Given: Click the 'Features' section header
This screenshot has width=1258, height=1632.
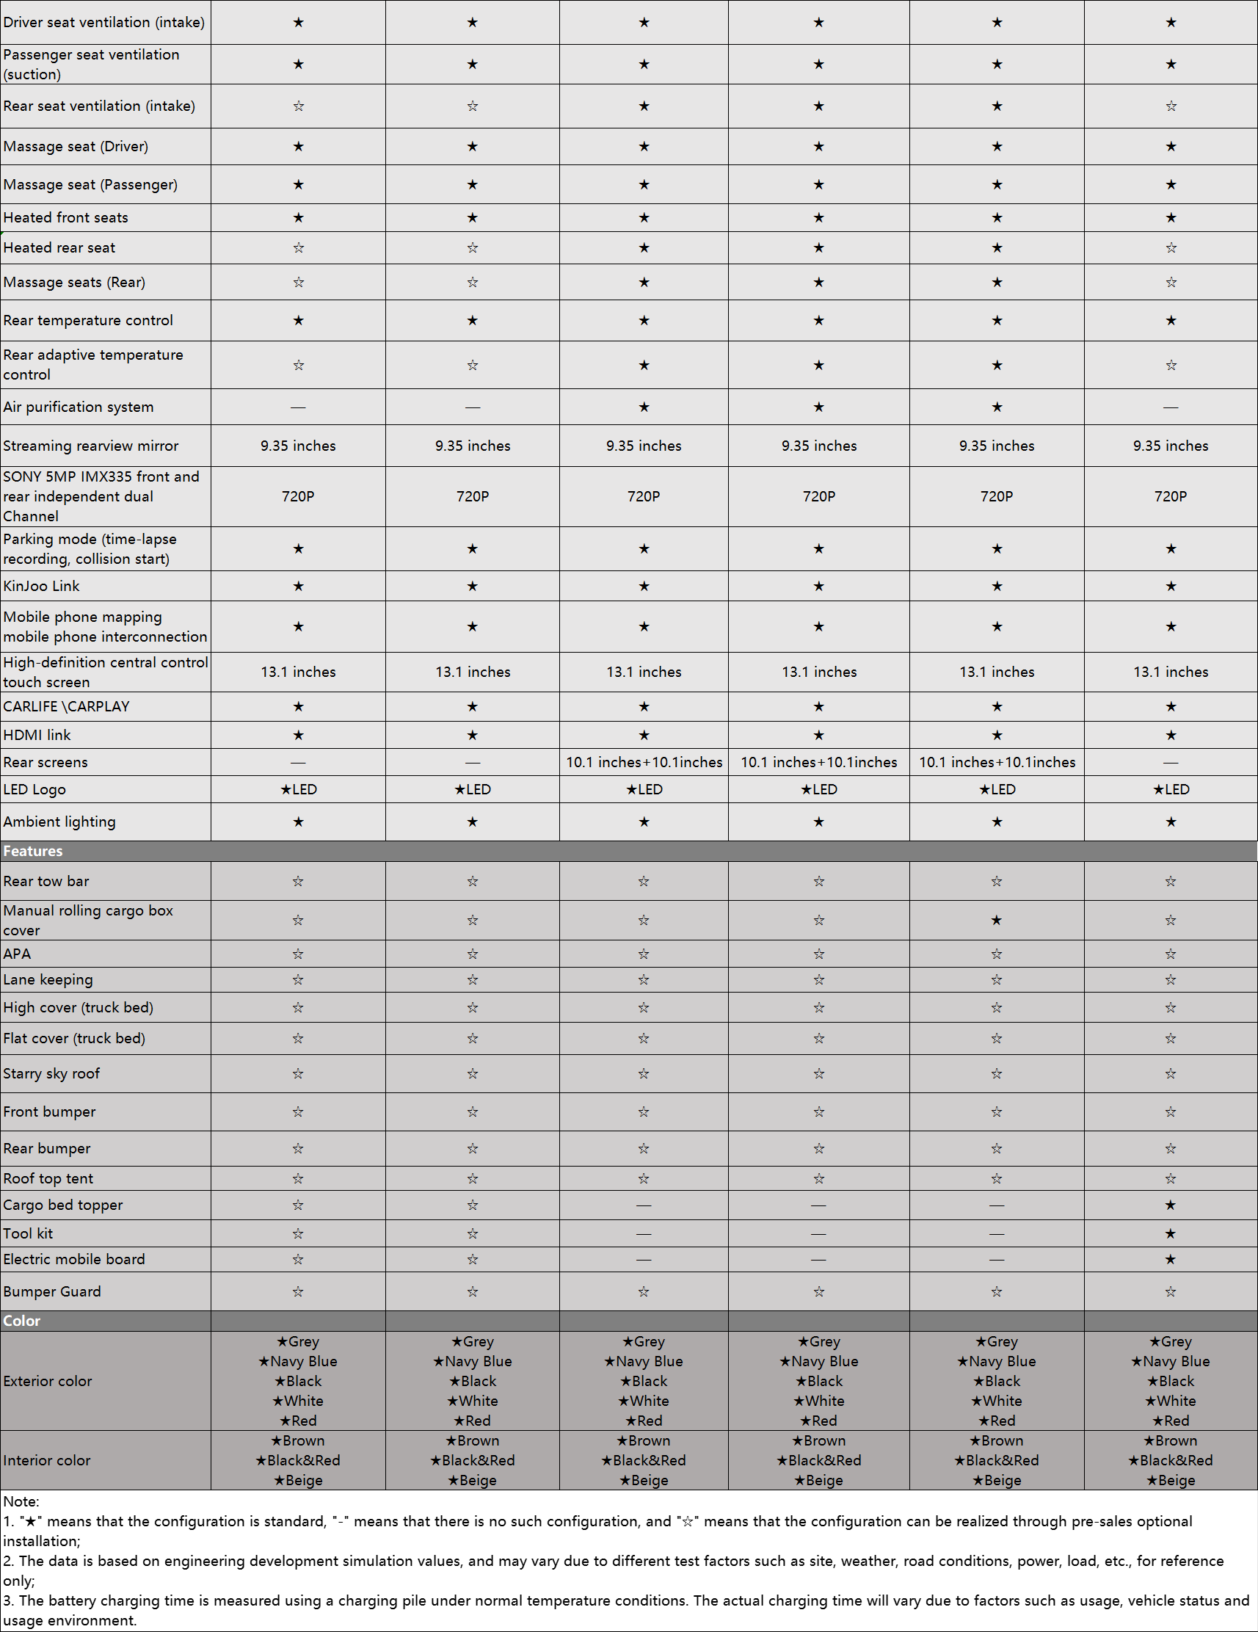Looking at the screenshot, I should (33, 851).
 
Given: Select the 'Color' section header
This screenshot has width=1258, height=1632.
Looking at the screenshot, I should (22, 1321).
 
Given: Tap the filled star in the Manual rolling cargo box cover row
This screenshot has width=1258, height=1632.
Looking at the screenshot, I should (996, 921).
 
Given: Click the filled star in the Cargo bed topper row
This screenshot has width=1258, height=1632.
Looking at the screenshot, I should (1170, 1205).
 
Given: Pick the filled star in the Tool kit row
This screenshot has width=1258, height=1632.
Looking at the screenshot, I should (1170, 1233).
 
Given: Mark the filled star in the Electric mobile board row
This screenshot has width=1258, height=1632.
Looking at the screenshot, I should (1170, 1260).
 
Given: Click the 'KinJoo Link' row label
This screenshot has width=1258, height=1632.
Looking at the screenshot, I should (41, 587).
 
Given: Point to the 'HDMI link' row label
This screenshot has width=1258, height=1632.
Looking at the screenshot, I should (37, 736).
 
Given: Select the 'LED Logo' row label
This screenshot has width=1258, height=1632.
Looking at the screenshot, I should (34, 790).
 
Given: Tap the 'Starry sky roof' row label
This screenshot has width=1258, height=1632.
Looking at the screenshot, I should (51, 1074).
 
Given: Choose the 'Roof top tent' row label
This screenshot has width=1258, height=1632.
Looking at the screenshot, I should (48, 1178).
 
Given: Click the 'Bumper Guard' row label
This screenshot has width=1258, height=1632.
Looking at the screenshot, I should (52, 1291).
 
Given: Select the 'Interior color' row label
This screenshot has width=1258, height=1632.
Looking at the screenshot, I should (47, 1460).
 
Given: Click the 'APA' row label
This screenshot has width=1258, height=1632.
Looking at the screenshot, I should (17, 954).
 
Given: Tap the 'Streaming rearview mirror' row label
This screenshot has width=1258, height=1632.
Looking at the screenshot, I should (91, 446).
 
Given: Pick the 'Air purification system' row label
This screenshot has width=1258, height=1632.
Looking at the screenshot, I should (79, 407).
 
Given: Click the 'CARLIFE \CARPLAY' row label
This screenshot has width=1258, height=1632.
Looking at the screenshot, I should (67, 707).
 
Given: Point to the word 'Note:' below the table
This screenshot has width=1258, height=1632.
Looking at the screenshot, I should (21, 1501).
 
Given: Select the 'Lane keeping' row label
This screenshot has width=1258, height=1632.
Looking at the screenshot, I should (48, 979).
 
